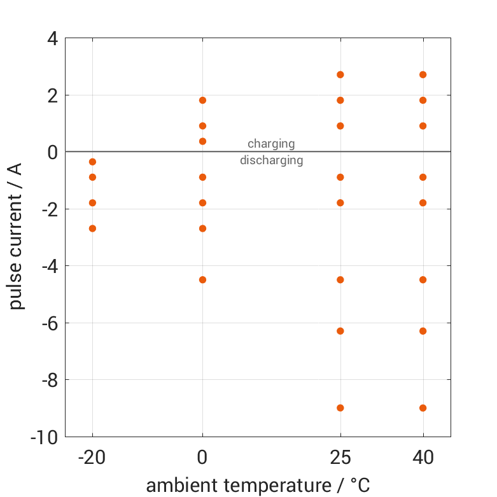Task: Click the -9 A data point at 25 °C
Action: click(x=340, y=408)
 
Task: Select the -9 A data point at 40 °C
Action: click(x=423, y=408)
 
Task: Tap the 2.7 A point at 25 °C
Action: click(x=340, y=74)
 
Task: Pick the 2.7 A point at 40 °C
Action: click(x=423, y=74)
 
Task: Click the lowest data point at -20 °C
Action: click(x=92, y=228)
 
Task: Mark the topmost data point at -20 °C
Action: click(x=92, y=162)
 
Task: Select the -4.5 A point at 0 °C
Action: click(x=202, y=279)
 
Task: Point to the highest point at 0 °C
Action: click(x=202, y=100)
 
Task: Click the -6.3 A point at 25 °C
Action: click(x=340, y=331)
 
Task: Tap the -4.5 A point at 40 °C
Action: click(x=423, y=279)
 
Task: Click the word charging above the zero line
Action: click(x=271, y=143)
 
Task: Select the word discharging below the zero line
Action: click(x=271, y=160)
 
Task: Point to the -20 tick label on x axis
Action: click(x=92, y=458)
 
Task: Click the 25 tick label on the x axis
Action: click(x=340, y=458)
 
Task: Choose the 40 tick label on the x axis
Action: click(x=423, y=458)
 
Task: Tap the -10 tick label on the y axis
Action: click(x=45, y=437)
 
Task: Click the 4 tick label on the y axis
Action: click(x=52, y=38)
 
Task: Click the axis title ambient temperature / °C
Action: click(x=258, y=486)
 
